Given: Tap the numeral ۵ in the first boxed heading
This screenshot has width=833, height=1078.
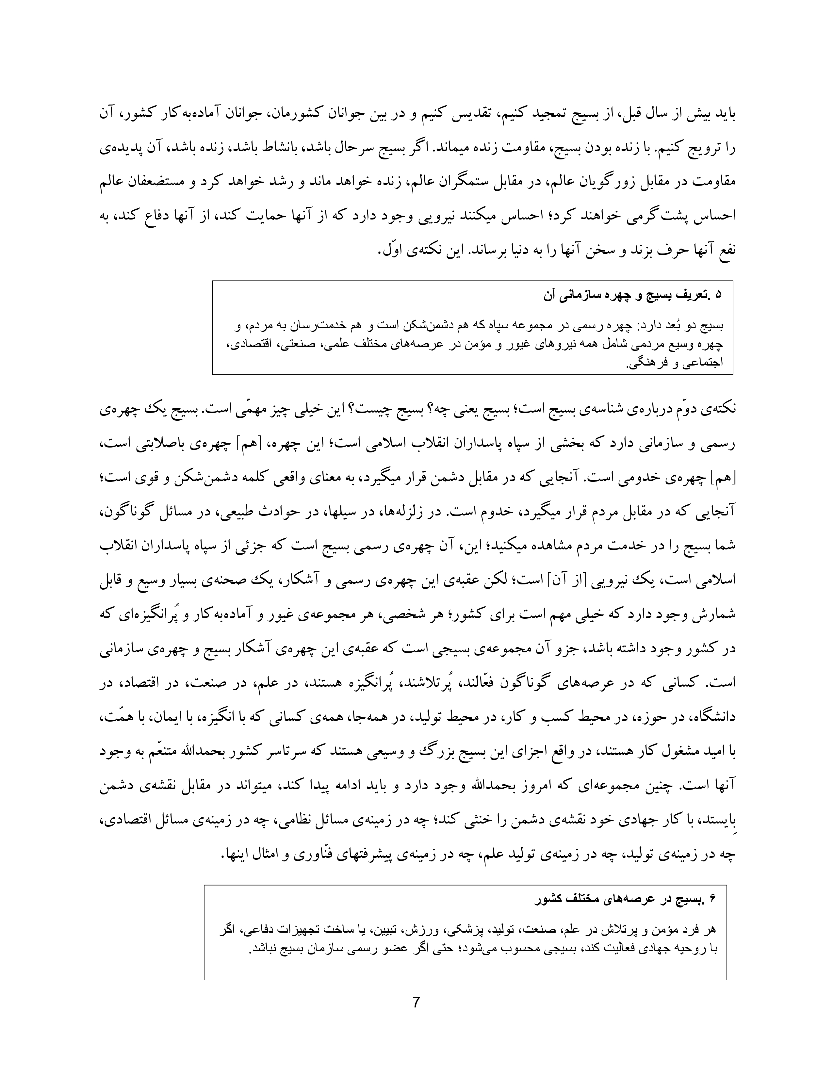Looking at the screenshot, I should click(719, 295).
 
